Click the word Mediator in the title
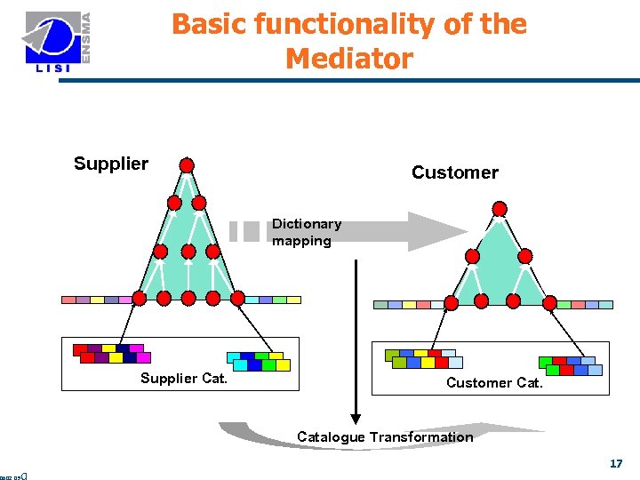tap(349, 59)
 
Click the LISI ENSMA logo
tap(58, 44)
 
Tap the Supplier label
tap(111, 164)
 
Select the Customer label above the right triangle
tap(454, 172)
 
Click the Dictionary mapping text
tap(306, 232)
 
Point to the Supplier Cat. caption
tap(184, 379)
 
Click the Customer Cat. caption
tap(494, 382)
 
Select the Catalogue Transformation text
tap(385, 436)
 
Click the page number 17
tap(616, 463)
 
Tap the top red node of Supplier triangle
tap(187, 164)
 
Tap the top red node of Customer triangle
tap(500, 209)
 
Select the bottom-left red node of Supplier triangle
tap(140, 299)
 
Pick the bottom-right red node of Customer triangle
tap(550, 303)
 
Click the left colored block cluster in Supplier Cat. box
tap(111, 353)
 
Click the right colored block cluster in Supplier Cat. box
tap(259, 360)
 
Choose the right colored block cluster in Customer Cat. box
tap(570, 365)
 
